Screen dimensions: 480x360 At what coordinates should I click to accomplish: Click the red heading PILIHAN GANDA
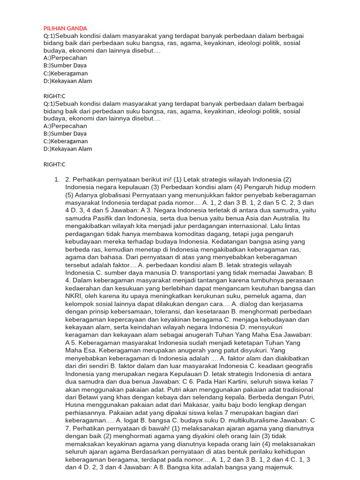coord(65,28)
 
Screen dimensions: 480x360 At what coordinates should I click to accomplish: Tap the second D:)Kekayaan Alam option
coord(67,149)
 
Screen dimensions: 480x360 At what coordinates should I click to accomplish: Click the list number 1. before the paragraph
coord(57,180)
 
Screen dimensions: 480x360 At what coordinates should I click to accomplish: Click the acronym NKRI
coord(74,296)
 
